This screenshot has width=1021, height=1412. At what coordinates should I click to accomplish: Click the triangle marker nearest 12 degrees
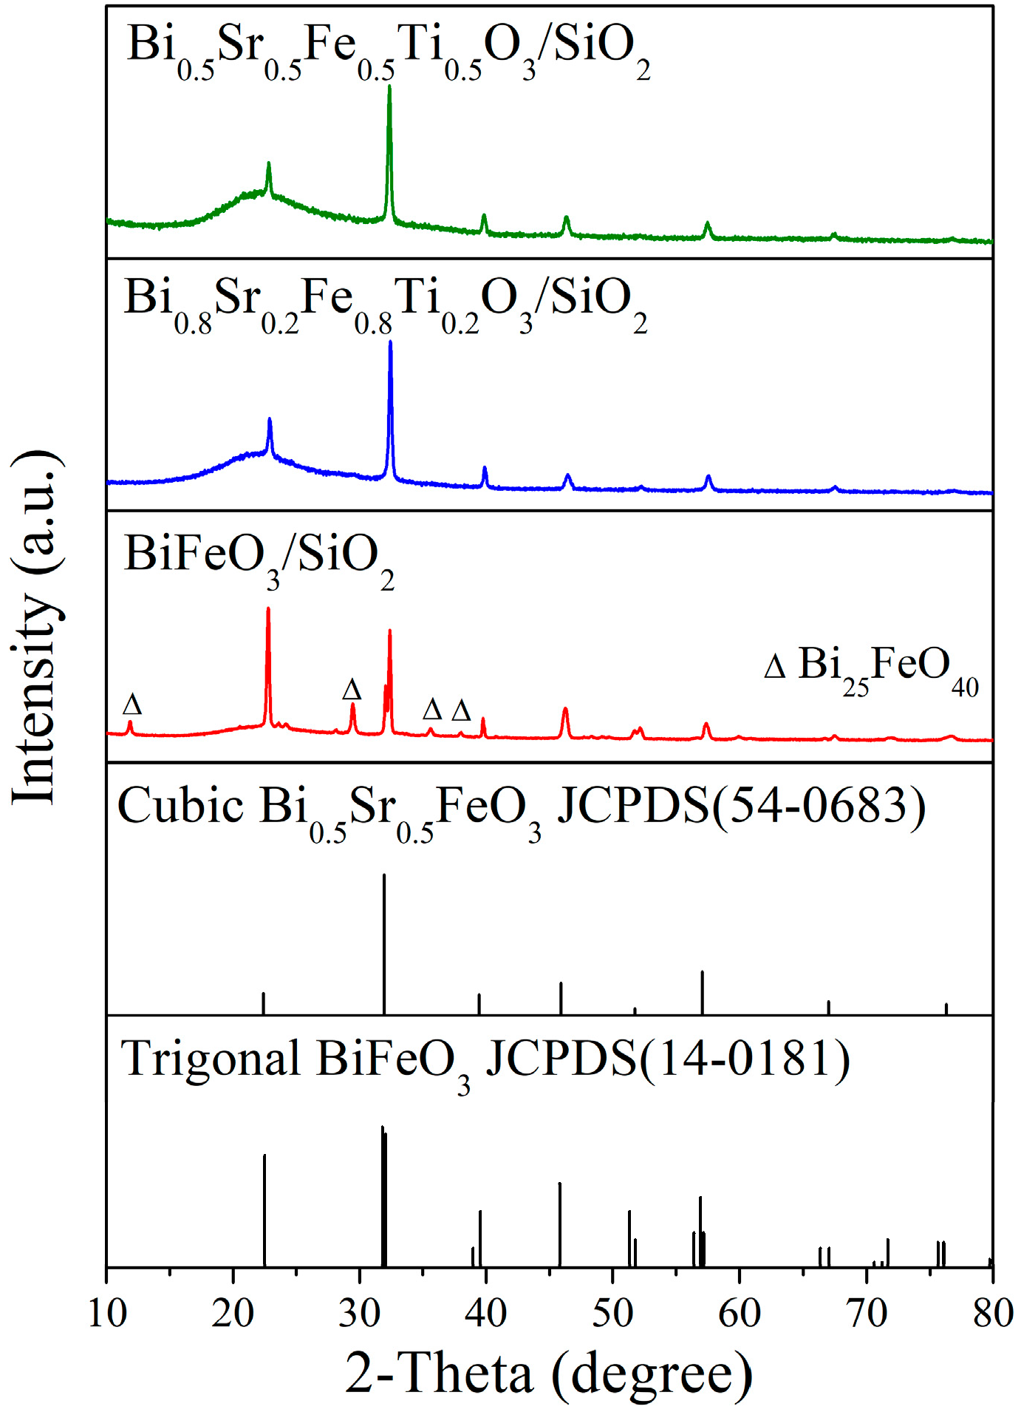coord(132,704)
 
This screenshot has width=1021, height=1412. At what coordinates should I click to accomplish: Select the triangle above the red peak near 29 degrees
coord(352,690)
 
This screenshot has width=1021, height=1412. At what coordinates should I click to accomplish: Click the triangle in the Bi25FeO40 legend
coord(774,668)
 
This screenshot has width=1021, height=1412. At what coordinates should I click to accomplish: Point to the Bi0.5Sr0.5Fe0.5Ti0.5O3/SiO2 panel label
coord(389,50)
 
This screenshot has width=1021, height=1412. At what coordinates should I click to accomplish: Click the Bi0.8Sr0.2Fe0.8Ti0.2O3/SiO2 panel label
coord(386,304)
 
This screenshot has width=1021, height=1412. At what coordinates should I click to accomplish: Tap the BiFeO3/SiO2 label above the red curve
coord(259,559)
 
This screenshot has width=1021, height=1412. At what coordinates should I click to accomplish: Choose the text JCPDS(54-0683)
coord(741,806)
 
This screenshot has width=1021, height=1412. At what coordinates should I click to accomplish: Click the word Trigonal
coord(211,1059)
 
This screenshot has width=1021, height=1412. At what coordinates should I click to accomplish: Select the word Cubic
coord(180,806)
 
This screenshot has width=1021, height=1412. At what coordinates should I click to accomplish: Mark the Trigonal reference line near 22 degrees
coord(264,1212)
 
